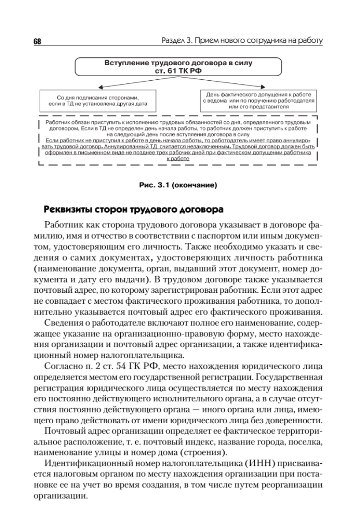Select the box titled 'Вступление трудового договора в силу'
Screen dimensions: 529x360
[x=178, y=66]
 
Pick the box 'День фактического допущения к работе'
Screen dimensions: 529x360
[x=259, y=101]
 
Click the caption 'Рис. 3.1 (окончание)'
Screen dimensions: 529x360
[x=178, y=186]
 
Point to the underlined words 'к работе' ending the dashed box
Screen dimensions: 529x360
[x=178, y=159]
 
